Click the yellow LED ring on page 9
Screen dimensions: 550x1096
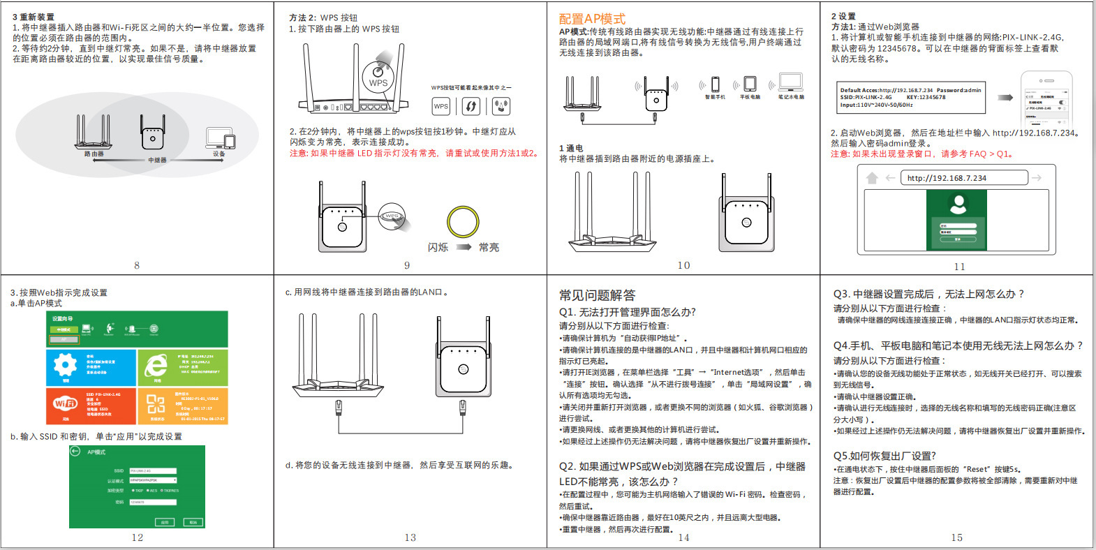(463, 223)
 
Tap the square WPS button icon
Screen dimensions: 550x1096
(440, 106)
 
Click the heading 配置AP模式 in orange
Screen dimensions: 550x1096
(592, 19)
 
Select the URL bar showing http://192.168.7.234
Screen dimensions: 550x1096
(964, 178)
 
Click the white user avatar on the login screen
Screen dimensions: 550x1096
(958, 204)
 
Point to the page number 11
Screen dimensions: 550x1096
(959, 267)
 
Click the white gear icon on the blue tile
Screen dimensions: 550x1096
(66, 365)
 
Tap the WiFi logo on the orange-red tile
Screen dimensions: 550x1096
(66, 403)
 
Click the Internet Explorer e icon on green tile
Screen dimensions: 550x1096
(155, 366)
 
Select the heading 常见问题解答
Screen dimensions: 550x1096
(597, 295)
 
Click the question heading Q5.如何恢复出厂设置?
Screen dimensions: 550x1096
(884, 456)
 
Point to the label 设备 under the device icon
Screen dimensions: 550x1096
(219, 154)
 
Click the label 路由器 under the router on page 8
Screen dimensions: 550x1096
(94, 154)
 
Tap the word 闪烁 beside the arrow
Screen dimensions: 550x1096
(438, 247)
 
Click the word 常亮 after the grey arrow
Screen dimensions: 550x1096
(489, 247)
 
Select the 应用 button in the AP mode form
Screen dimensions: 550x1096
(165, 521)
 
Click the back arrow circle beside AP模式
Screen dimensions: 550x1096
(75, 452)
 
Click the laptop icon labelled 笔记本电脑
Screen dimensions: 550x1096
(790, 82)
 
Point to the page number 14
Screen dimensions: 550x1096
(683, 537)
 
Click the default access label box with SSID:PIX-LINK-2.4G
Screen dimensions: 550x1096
(912, 98)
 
